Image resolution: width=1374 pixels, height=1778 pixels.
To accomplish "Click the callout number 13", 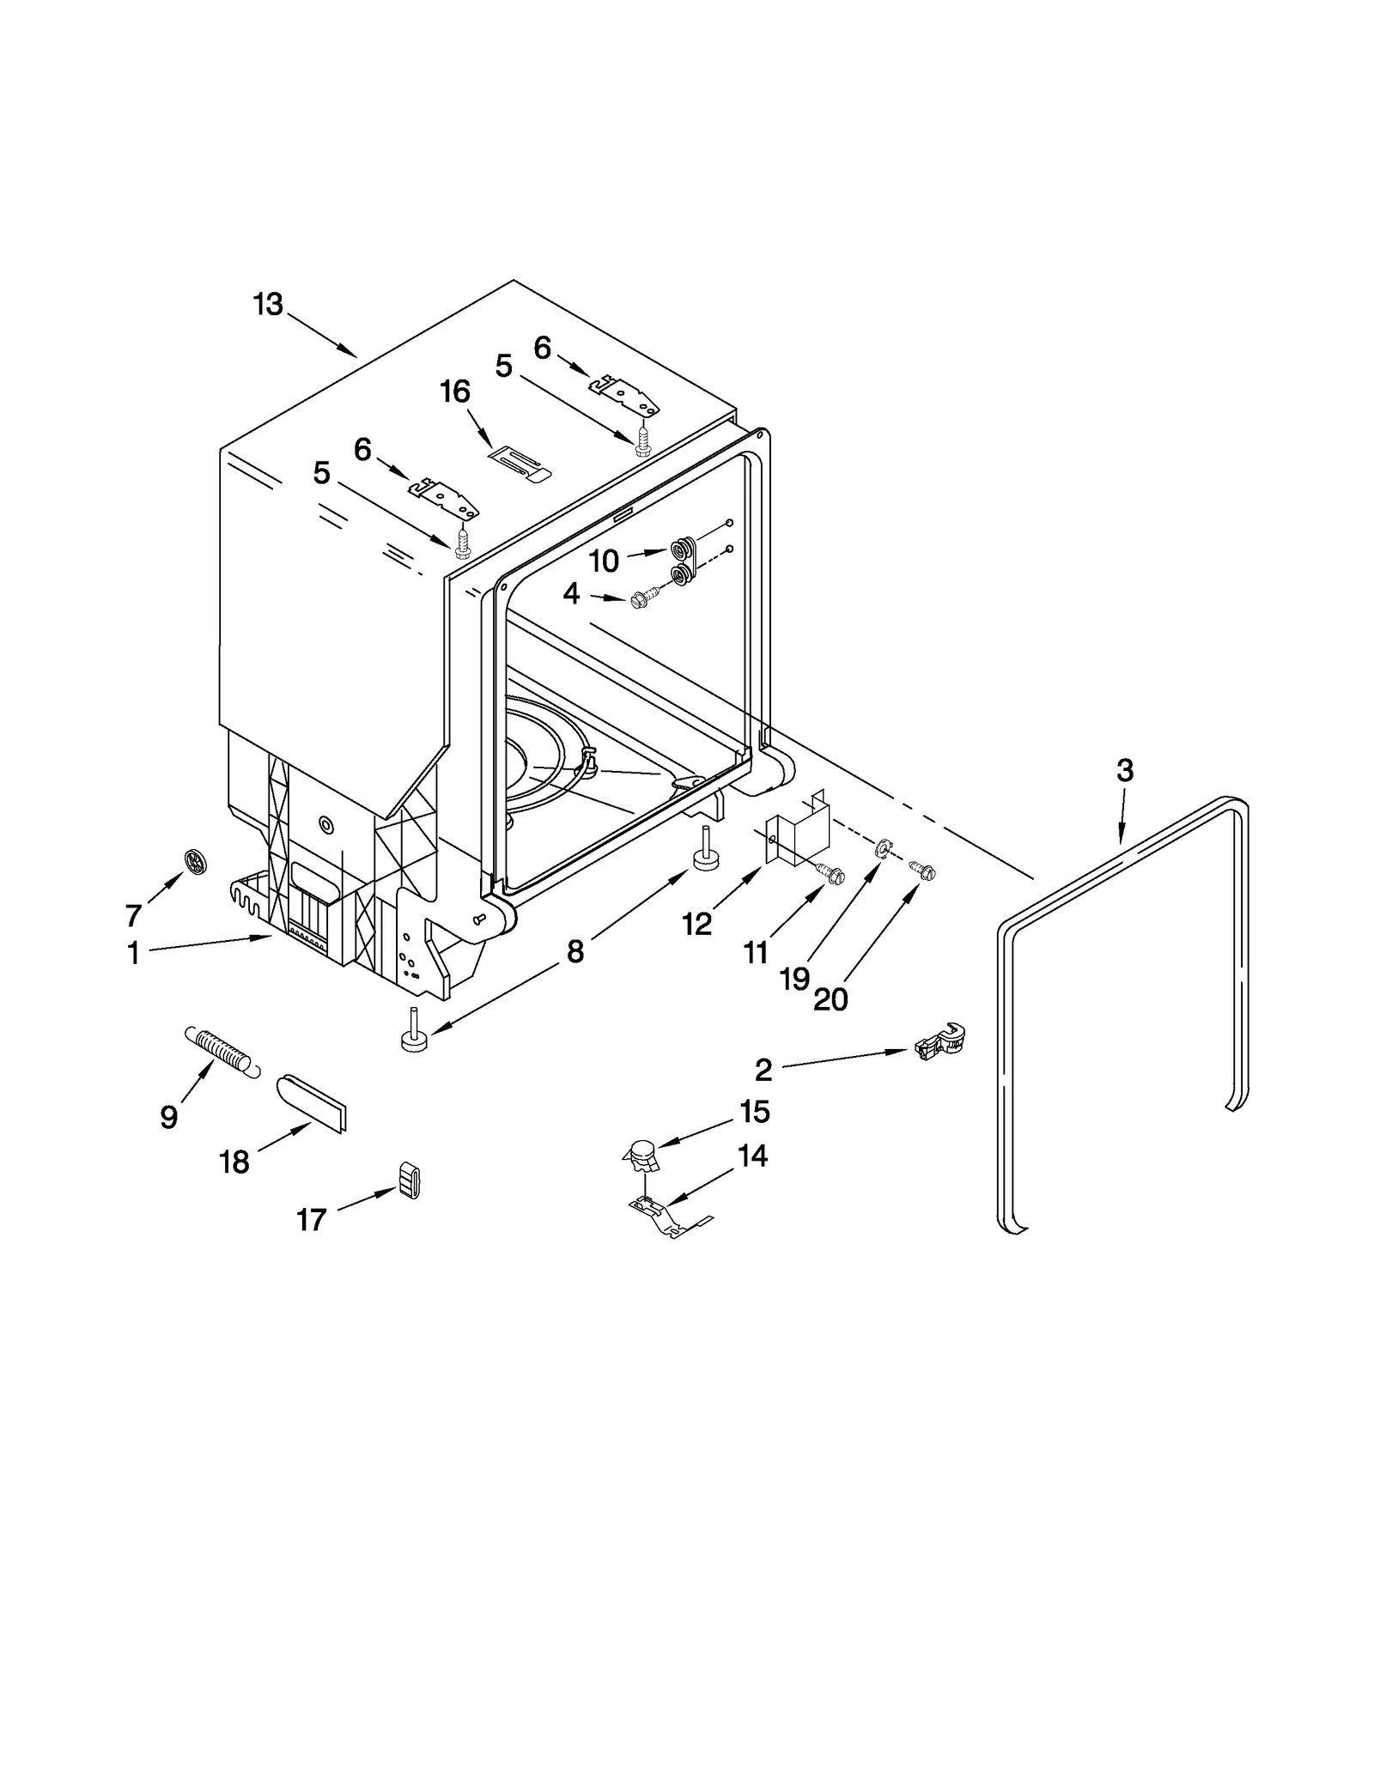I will click(267, 304).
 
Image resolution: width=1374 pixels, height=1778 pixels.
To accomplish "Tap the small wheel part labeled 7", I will click(198, 861).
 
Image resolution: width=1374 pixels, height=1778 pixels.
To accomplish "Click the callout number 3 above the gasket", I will click(1124, 770).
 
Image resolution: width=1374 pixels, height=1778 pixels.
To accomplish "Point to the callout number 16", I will click(455, 391).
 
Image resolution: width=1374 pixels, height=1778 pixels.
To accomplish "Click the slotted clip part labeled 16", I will click(520, 464).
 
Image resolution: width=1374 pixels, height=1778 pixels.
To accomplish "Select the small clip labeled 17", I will click(410, 1180).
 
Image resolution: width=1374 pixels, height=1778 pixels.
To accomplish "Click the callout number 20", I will click(830, 998).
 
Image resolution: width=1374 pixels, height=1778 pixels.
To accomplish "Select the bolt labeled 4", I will click(644, 599).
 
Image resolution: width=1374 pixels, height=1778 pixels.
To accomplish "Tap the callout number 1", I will click(133, 953).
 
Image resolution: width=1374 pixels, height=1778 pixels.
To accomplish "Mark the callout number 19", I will click(795, 978).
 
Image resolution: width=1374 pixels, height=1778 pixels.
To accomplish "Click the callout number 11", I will click(756, 952).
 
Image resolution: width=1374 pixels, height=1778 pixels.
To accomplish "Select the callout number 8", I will click(575, 950).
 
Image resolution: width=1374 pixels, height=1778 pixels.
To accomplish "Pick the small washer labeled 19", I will click(882, 850).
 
